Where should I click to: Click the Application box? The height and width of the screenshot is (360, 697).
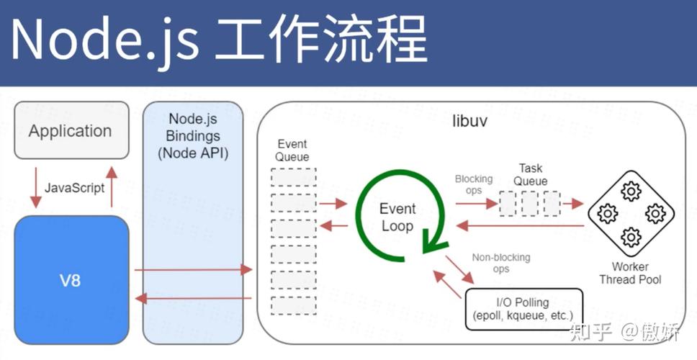tap(71, 130)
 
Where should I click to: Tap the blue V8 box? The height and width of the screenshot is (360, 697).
tap(71, 279)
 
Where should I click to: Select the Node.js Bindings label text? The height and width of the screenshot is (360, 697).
tap(193, 135)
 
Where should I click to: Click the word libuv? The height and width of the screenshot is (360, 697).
tap(469, 120)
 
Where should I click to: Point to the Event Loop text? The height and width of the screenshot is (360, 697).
tap(397, 217)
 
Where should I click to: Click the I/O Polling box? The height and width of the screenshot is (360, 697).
tap(523, 309)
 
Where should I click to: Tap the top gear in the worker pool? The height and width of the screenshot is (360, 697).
tap(631, 191)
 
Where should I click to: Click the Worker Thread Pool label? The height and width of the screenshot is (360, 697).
tap(630, 273)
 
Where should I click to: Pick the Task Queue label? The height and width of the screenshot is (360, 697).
tap(531, 175)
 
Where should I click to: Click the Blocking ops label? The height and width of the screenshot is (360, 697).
tap(473, 184)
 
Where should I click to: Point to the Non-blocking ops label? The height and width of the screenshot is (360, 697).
tap(501, 263)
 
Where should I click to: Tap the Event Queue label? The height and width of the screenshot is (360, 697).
tap(292, 150)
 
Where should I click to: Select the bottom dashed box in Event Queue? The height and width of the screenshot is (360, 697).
tap(294, 305)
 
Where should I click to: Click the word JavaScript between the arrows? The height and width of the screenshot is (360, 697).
tap(74, 187)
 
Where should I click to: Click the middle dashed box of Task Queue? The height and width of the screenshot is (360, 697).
tap(530, 204)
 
